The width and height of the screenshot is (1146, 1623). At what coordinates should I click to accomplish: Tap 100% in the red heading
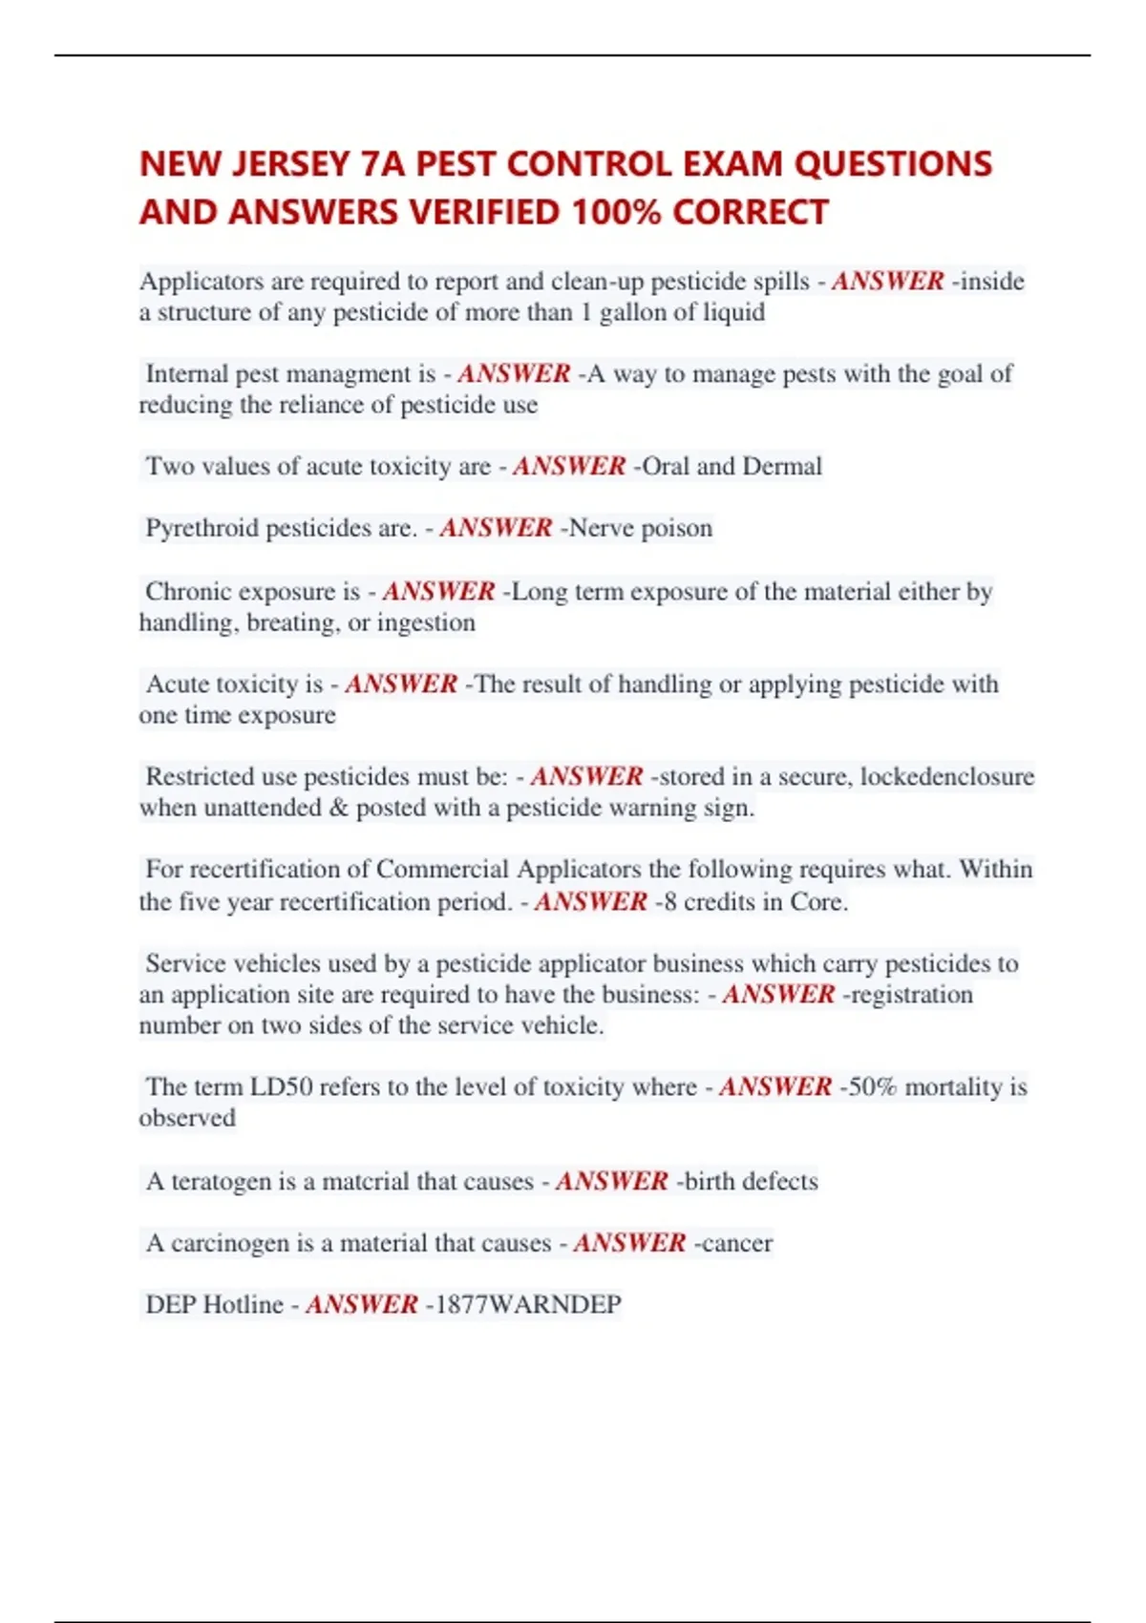[x=615, y=212]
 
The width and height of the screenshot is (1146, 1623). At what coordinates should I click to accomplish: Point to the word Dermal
[x=782, y=466]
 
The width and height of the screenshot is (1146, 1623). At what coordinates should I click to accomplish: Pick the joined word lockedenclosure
[x=946, y=776]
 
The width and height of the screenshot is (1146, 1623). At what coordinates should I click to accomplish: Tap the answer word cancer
[x=736, y=1243]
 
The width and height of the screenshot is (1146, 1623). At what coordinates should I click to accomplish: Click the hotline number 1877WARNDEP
[x=528, y=1304]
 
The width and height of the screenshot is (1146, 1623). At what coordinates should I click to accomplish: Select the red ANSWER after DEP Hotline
[x=362, y=1304]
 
